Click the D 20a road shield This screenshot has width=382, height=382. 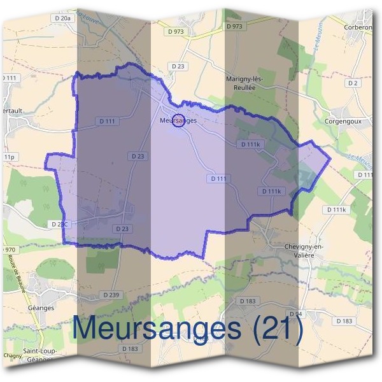(62, 18)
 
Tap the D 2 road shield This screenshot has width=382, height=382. (353, 83)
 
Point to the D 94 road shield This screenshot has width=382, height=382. (295, 315)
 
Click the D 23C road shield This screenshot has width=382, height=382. (59, 224)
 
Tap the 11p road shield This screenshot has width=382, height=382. (8, 157)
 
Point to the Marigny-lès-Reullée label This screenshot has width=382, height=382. (248, 82)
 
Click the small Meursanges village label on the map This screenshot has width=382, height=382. (178, 120)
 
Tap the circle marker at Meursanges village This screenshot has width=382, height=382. (179, 120)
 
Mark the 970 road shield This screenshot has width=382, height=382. (9, 249)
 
